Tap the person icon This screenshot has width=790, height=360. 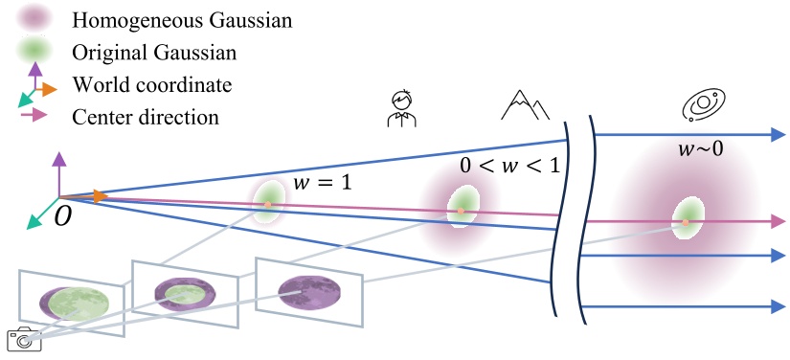[400, 107]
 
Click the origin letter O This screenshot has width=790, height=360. [62, 216]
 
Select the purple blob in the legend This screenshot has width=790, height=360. [34, 17]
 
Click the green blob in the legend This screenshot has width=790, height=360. [34, 50]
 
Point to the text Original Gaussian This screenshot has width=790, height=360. [146, 51]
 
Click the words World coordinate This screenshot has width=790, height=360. [152, 84]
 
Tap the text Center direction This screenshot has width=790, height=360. [146, 117]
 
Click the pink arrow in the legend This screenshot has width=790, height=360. [34, 116]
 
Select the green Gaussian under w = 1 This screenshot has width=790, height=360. [268, 204]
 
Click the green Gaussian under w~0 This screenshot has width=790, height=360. [686, 219]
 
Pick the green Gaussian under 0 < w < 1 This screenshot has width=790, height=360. [462, 210]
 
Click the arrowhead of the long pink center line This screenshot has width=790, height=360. [775, 221]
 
